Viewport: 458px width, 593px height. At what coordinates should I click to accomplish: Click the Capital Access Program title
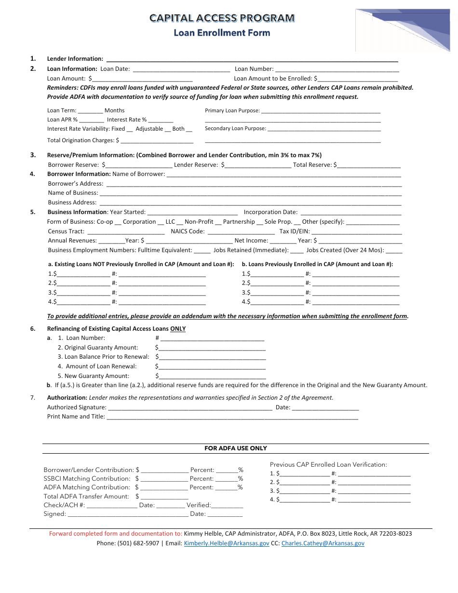222,18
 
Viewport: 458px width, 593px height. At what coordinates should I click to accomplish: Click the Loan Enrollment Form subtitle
222,33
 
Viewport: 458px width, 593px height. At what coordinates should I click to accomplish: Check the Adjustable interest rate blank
168,130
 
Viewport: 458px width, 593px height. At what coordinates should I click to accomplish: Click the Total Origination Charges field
157,141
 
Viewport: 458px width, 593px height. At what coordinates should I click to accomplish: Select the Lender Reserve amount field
258,165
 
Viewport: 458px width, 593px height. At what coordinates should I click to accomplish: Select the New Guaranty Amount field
212,377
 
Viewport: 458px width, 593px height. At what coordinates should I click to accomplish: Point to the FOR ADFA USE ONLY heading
235,448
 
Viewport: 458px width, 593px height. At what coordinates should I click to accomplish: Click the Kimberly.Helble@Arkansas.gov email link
227,543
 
